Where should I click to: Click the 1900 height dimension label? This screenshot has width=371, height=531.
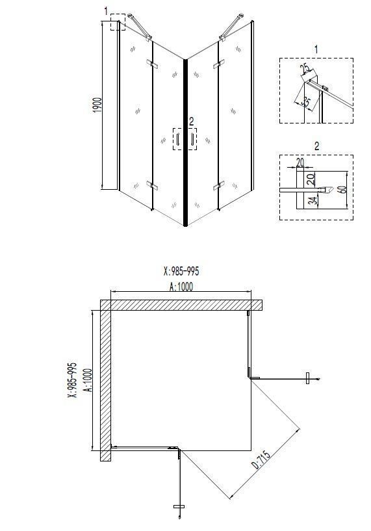coord(97,105)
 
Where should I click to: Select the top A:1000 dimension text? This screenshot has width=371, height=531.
coord(181,287)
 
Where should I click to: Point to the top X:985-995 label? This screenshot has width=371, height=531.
coord(181,271)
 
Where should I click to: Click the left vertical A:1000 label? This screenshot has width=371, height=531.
coord(88,380)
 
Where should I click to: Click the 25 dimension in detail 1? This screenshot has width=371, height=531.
coord(305,69)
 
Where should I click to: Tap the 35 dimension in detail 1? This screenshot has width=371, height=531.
coord(306,101)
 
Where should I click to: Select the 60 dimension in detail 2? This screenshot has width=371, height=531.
coord(342,189)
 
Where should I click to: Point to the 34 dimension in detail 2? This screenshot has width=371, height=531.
coord(314,201)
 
